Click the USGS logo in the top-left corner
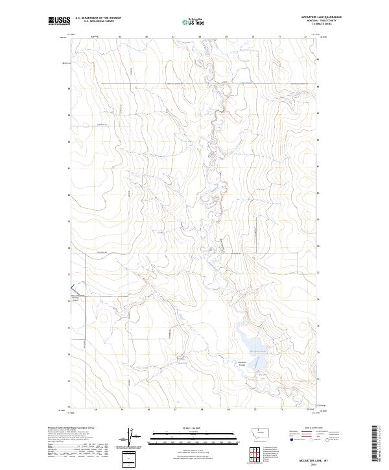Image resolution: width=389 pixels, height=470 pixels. (59, 21)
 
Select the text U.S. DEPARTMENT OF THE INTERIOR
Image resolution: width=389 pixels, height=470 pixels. (98, 18)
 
